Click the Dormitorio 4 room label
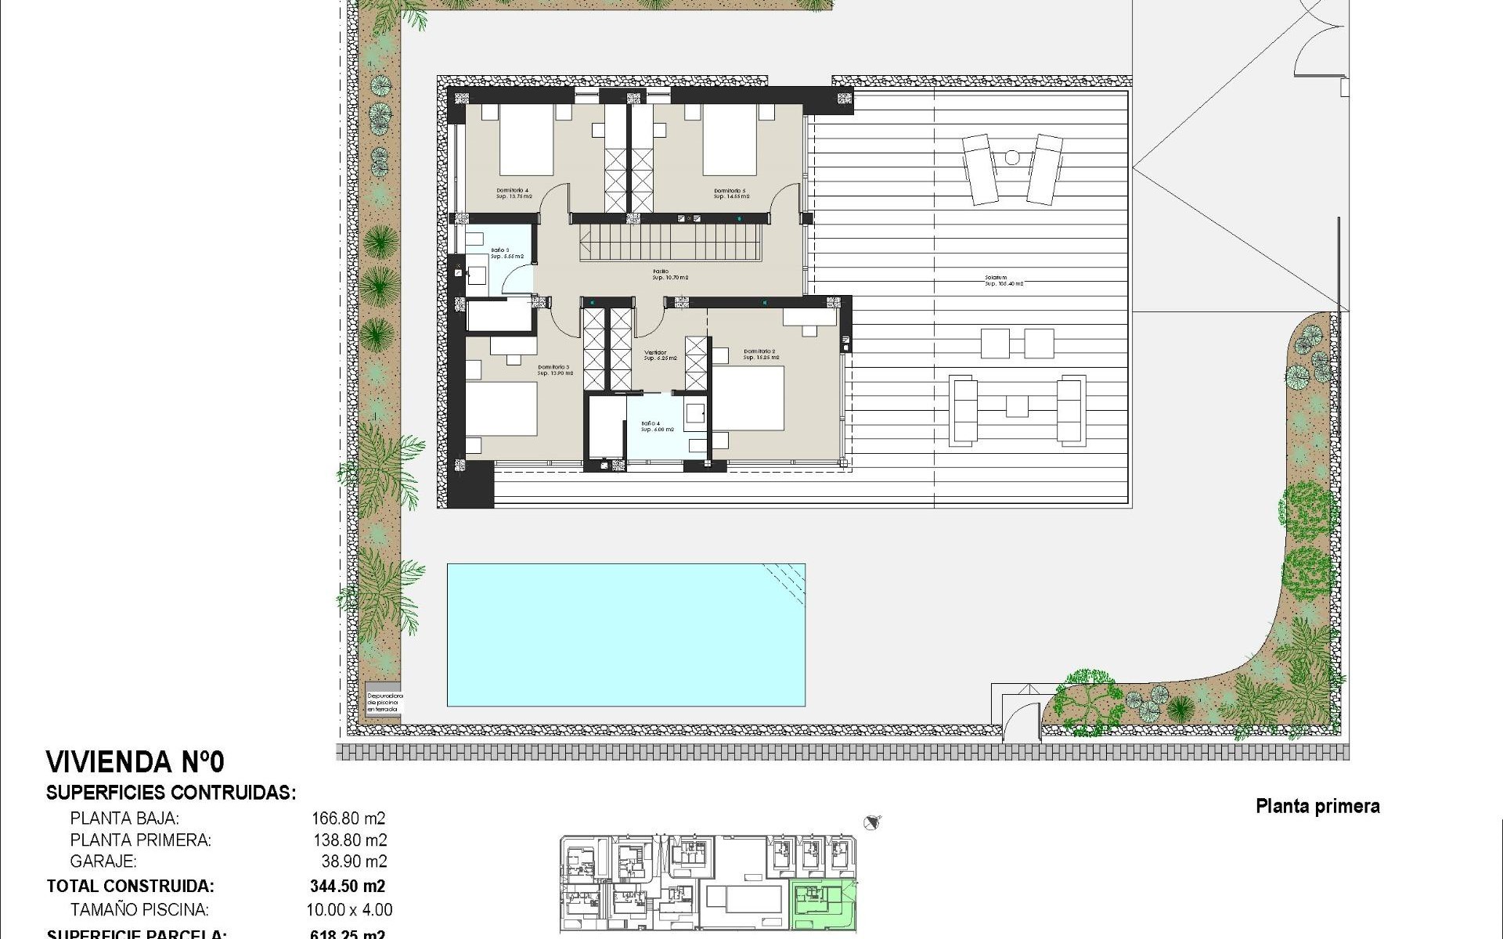tap(512, 193)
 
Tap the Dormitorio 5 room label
tap(730, 193)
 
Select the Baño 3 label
tap(506, 254)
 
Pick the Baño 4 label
tap(657, 426)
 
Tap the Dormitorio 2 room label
tap(759, 354)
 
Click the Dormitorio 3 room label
tap(554, 370)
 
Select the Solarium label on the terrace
tap(1004, 280)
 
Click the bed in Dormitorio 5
tap(730, 140)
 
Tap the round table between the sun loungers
tap(1011, 157)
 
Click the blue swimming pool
tap(625, 635)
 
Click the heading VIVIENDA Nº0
tap(135, 762)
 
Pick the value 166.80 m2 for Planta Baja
tap(348, 818)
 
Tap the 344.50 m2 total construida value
tap(348, 887)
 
